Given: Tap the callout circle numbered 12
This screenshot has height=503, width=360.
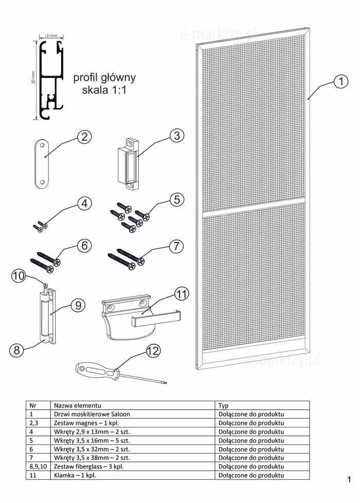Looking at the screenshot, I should [153, 351].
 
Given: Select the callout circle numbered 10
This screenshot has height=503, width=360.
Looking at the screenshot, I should [19, 276].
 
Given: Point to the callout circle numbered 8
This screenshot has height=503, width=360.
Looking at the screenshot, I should [16, 350].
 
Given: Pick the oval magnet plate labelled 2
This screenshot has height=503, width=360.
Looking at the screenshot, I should [42, 163].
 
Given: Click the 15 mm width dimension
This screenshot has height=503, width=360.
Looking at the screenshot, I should [50, 36].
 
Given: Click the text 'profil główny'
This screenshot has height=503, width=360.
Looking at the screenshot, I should [104, 78].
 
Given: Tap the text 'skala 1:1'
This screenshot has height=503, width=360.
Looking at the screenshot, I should [104, 90].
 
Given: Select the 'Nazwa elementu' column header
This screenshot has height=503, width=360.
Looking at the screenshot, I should [78, 405].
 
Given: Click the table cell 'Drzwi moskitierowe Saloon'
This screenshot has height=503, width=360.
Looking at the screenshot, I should [92, 414].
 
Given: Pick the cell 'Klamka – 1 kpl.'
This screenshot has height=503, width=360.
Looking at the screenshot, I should [75, 475].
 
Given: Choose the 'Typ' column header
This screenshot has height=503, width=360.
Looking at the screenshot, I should [223, 405].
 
